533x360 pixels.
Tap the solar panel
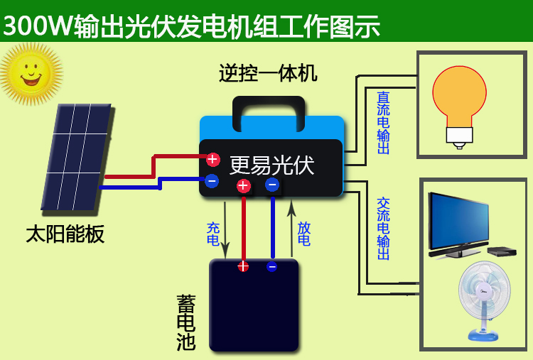pos(76,157)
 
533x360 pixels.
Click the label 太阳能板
pos(65,234)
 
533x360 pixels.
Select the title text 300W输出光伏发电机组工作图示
pos(191,26)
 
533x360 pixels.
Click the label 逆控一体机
pos(268,73)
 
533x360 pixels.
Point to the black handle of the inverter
pos(269,107)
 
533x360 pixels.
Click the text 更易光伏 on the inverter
pos(271,165)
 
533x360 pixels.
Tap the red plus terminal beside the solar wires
pos(212,160)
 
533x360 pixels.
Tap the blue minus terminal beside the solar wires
pos(212,181)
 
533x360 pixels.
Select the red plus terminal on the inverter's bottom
pos(243,186)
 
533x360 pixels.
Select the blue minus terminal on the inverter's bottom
pos(272,185)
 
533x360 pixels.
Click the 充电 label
pos(213,234)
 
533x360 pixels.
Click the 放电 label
pos(304,234)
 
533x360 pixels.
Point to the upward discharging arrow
pos(291,227)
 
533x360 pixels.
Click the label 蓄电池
pos(186,322)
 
